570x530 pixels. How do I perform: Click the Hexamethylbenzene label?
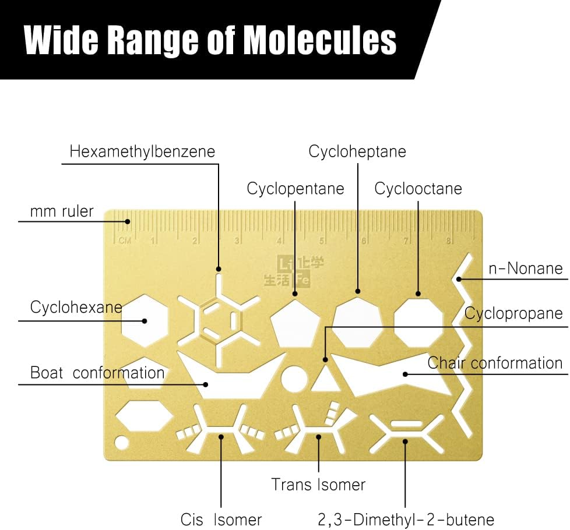click(x=142, y=152)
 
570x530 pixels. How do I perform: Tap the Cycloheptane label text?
click(x=357, y=152)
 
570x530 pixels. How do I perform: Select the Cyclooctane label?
click(x=418, y=189)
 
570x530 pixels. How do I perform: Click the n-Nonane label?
click(x=526, y=268)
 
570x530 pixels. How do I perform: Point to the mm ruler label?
click(x=62, y=211)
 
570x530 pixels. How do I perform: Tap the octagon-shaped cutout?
click(x=419, y=321)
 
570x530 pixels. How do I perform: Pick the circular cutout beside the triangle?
click(x=294, y=379)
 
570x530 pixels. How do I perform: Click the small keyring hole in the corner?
click(x=121, y=443)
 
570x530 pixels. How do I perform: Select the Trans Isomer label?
click(x=318, y=485)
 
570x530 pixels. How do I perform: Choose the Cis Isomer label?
click(x=221, y=520)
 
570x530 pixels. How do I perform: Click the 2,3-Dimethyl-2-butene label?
click(x=406, y=520)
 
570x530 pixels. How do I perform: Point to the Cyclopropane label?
click(x=513, y=313)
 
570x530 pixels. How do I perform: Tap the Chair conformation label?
click(x=495, y=363)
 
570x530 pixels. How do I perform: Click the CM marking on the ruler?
click(x=125, y=241)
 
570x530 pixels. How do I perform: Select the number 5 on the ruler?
click(x=322, y=241)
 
